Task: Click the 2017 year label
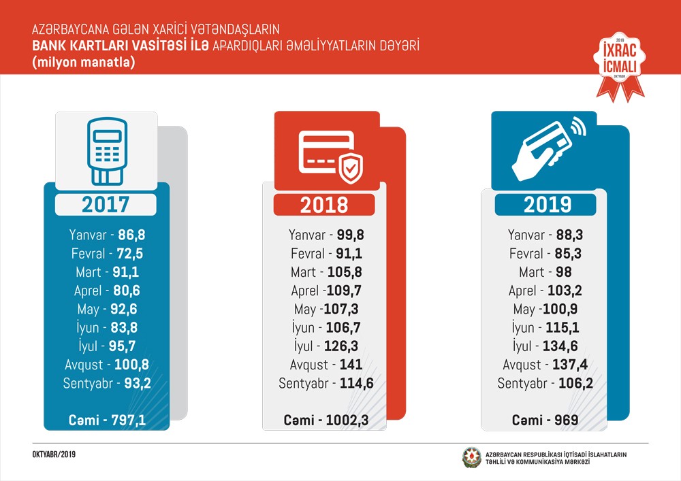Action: click(x=105, y=204)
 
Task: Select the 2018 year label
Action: click(x=324, y=205)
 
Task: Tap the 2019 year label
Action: click(x=545, y=205)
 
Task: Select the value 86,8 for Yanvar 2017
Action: click(x=131, y=235)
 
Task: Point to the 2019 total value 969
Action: click(x=566, y=420)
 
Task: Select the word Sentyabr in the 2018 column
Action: click(x=305, y=383)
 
